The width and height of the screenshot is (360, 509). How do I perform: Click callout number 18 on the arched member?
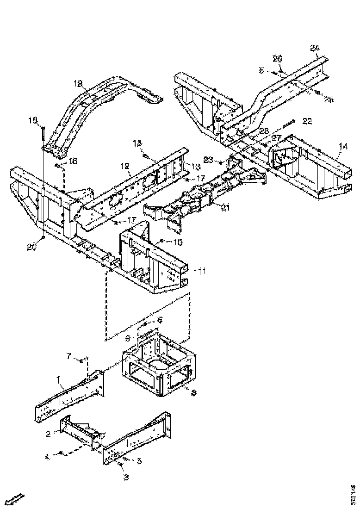(77, 83)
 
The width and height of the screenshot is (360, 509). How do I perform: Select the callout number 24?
(314, 48)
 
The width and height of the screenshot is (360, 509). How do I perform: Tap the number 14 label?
(342, 146)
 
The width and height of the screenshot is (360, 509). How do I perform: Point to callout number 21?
(225, 208)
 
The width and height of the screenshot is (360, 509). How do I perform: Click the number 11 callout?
(203, 270)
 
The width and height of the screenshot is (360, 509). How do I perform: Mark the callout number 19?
(33, 121)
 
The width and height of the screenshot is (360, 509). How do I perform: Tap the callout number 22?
(307, 121)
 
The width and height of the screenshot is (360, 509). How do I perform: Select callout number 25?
(328, 99)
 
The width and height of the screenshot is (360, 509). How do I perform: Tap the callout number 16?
(73, 161)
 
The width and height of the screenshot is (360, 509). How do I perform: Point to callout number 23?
(208, 160)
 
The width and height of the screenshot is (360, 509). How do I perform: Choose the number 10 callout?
(178, 242)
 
